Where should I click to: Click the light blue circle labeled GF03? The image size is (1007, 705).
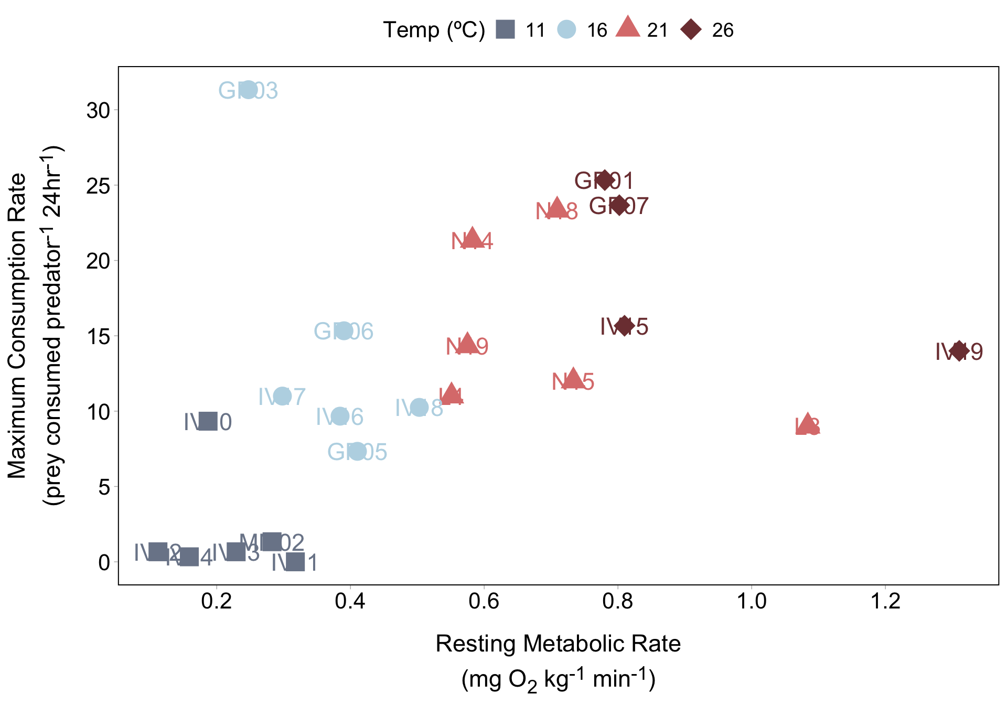click(248, 90)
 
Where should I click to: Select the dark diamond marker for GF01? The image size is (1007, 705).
click(605, 180)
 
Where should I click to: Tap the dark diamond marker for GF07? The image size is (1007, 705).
click(619, 205)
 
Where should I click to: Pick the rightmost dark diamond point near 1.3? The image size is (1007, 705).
click(959, 351)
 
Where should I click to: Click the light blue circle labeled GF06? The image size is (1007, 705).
click(344, 330)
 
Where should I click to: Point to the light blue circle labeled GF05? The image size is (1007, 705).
click(357, 451)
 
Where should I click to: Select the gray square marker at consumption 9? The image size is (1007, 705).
click(208, 421)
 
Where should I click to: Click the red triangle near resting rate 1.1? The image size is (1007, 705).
click(808, 425)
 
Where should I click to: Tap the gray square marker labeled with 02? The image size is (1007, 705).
click(272, 541)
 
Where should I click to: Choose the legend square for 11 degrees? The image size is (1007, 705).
click(506, 29)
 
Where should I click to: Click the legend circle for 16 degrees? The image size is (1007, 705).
click(566, 29)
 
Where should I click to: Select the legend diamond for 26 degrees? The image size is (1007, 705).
click(691, 29)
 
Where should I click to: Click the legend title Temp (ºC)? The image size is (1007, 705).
click(434, 30)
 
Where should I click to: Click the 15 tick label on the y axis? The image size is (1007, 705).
click(98, 337)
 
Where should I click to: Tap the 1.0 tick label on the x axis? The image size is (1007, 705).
click(752, 601)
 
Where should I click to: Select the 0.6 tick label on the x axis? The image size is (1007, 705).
click(484, 601)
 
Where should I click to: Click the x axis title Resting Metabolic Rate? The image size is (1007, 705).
click(558, 644)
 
